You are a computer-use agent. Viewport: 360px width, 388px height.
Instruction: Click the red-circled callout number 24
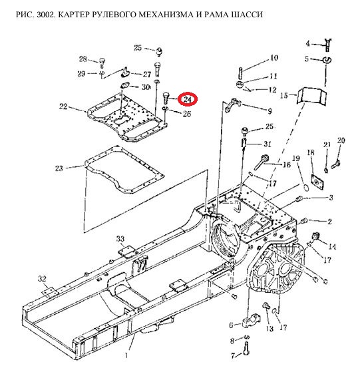(188, 100)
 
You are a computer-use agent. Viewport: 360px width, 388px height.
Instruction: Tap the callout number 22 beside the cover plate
(63, 106)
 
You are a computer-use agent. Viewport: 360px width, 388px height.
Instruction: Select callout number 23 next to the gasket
(59, 168)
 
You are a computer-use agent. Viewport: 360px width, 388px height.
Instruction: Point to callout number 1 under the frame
(126, 355)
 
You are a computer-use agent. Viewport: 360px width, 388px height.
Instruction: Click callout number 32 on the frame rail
(42, 279)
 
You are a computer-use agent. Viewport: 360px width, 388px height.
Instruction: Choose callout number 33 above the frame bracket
(120, 239)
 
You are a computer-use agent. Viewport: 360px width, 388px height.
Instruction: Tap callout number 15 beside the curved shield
(283, 95)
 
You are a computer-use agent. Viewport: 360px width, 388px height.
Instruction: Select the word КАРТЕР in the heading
(74, 15)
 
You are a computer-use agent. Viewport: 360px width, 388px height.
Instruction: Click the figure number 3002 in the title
(47, 15)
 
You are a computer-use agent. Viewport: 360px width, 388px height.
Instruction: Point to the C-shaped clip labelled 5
(327, 60)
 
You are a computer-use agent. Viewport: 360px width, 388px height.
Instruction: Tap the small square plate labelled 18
(316, 182)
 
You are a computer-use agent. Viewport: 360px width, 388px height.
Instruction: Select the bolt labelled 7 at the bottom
(246, 349)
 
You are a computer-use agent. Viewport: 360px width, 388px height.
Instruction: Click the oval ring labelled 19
(306, 187)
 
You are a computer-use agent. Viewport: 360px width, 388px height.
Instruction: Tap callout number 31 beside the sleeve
(268, 144)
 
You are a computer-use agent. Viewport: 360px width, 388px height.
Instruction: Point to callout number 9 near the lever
(270, 111)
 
